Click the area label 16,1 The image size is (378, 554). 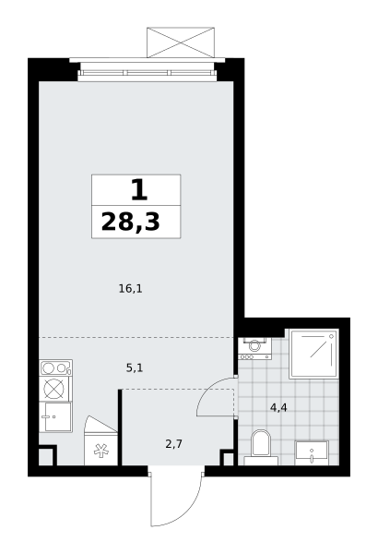(131, 289)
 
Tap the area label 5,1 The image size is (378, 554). (135, 368)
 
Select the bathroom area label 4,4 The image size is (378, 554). (278, 408)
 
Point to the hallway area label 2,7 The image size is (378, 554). (173, 444)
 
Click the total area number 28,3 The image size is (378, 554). (131, 222)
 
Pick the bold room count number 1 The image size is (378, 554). (139, 189)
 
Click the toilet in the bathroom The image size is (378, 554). (261, 447)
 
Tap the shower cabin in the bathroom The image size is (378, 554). (313, 354)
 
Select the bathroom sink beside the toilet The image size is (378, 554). (312, 452)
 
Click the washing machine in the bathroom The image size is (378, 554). (254, 348)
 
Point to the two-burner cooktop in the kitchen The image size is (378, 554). (56, 367)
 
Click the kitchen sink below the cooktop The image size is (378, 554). (55, 417)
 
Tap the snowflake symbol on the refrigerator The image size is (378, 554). (100, 452)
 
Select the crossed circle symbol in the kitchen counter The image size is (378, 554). (54, 389)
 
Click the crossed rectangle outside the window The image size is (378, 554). (181, 42)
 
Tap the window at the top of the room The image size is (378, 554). (147, 73)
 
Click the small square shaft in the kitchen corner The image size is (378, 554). (45, 456)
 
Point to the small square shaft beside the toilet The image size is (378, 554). (228, 458)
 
